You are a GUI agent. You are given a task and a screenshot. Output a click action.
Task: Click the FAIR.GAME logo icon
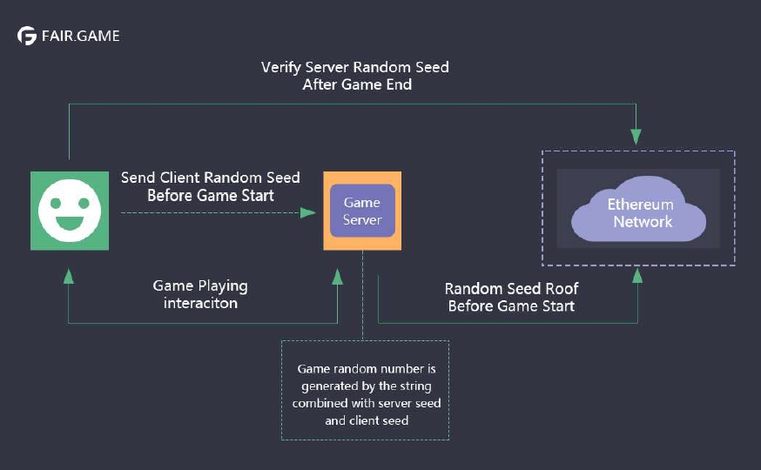pos(27,36)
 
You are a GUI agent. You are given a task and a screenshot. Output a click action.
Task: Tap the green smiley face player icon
pos(70,211)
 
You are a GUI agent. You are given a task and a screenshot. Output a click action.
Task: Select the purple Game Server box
pos(362,211)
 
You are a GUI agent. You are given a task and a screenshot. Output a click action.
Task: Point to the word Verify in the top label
pos(282,67)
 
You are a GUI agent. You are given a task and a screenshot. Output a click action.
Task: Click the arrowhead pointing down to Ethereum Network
pos(636,137)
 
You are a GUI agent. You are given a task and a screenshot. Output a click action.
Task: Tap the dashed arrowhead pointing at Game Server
pos(308,211)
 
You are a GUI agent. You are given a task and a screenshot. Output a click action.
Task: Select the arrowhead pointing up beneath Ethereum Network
pos(636,275)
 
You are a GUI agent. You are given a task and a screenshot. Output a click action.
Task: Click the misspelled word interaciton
pos(200,303)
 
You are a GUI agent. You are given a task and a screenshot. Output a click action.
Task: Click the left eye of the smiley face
pos(56,202)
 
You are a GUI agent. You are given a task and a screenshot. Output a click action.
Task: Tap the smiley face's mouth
pos(70,224)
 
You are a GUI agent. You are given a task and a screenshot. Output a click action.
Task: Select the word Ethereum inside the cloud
pos(641,205)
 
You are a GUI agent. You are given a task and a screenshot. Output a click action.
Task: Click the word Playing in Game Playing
pos(221,285)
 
